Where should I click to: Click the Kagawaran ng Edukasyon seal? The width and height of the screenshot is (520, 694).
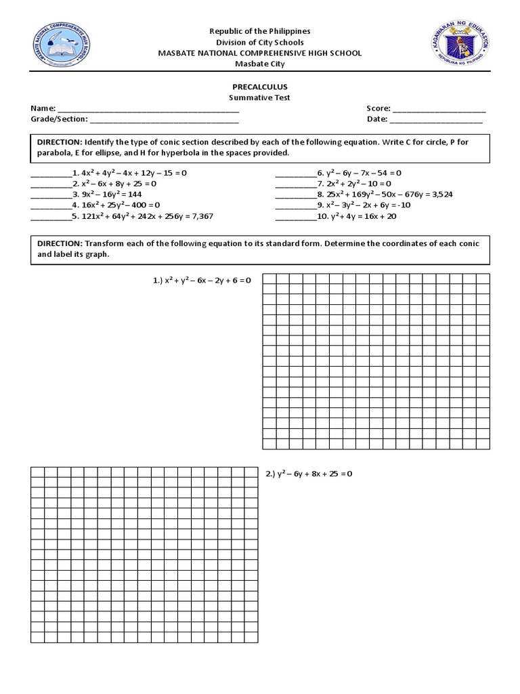click(x=460, y=47)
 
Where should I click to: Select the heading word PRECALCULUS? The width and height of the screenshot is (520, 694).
click(x=260, y=87)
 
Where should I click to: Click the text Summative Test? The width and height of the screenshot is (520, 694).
click(x=260, y=98)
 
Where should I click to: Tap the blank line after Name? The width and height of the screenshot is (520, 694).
click(x=148, y=109)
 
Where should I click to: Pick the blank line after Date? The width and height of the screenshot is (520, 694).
click(x=436, y=119)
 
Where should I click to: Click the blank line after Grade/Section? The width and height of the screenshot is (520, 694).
click(x=165, y=120)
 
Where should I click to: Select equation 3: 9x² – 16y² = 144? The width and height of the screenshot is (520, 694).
click(x=111, y=194)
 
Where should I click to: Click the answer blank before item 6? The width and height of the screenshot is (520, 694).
click(x=296, y=173)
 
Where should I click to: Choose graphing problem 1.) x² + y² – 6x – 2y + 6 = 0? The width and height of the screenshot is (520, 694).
click(x=202, y=281)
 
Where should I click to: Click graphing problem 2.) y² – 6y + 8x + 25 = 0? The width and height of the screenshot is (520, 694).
click(x=309, y=474)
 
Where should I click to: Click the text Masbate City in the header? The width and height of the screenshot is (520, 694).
click(x=260, y=64)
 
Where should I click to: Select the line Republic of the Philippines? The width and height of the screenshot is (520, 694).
click(x=260, y=31)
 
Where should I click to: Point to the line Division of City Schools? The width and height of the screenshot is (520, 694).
click(x=260, y=42)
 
